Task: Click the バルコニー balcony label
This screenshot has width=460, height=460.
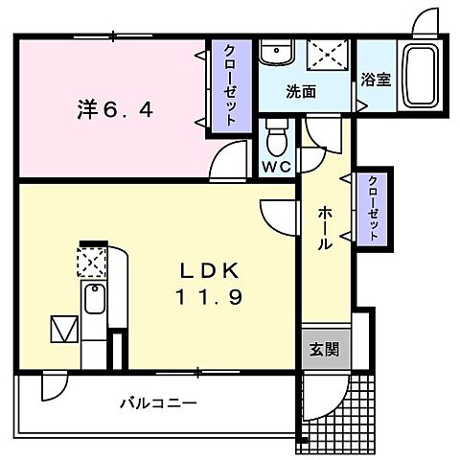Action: coord(158,402)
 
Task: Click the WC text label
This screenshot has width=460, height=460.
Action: coord(277,166)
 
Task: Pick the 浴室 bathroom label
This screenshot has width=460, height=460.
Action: coord(375,80)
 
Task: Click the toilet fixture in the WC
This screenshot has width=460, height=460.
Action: coord(277,137)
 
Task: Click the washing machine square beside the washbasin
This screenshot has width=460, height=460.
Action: coord(329,56)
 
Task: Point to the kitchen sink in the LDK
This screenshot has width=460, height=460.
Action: coord(93,300)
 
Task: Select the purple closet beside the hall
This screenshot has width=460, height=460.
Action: coord(372,210)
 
